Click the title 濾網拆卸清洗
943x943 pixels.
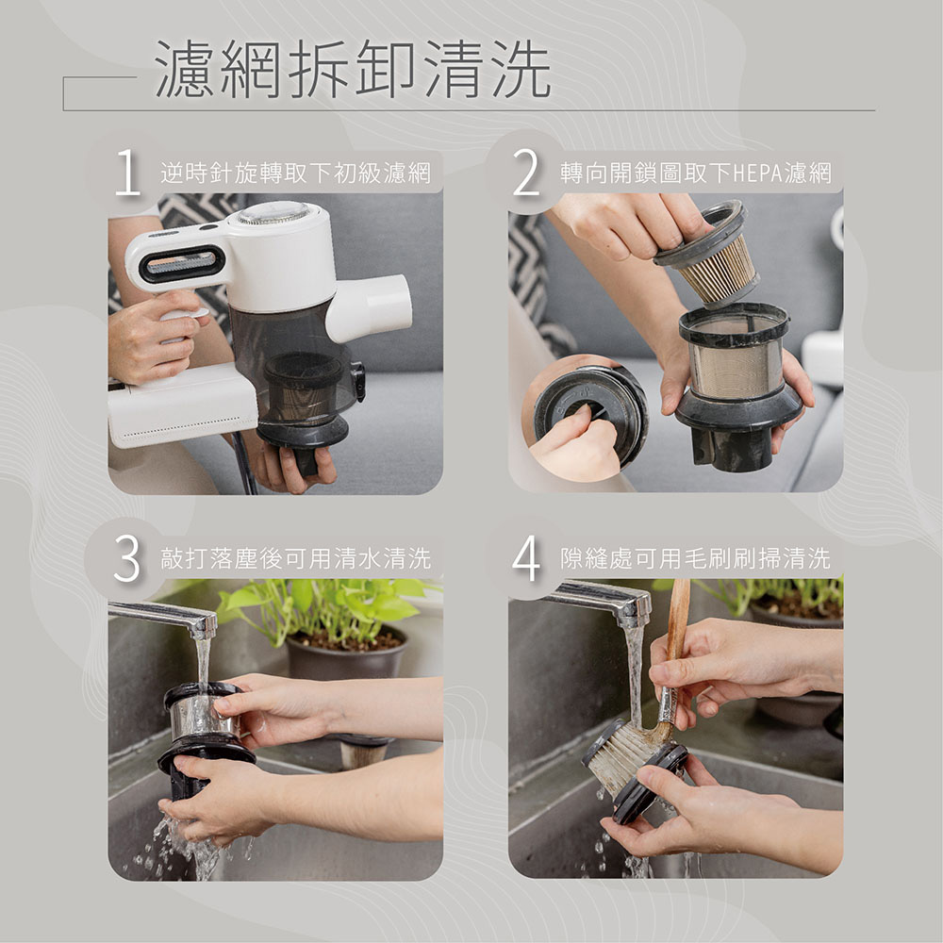point(353,69)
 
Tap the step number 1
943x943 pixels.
point(127,172)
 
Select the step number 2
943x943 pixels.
point(526,172)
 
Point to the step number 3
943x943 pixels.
point(127,558)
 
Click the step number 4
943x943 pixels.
point(526,558)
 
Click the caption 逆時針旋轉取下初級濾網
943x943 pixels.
point(295,174)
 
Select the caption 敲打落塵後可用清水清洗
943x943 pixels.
point(295,558)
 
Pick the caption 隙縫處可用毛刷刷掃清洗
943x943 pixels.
point(695,558)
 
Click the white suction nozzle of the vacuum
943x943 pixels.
point(370,306)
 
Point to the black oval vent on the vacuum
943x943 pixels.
point(182,263)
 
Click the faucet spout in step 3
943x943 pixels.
point(163,618)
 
